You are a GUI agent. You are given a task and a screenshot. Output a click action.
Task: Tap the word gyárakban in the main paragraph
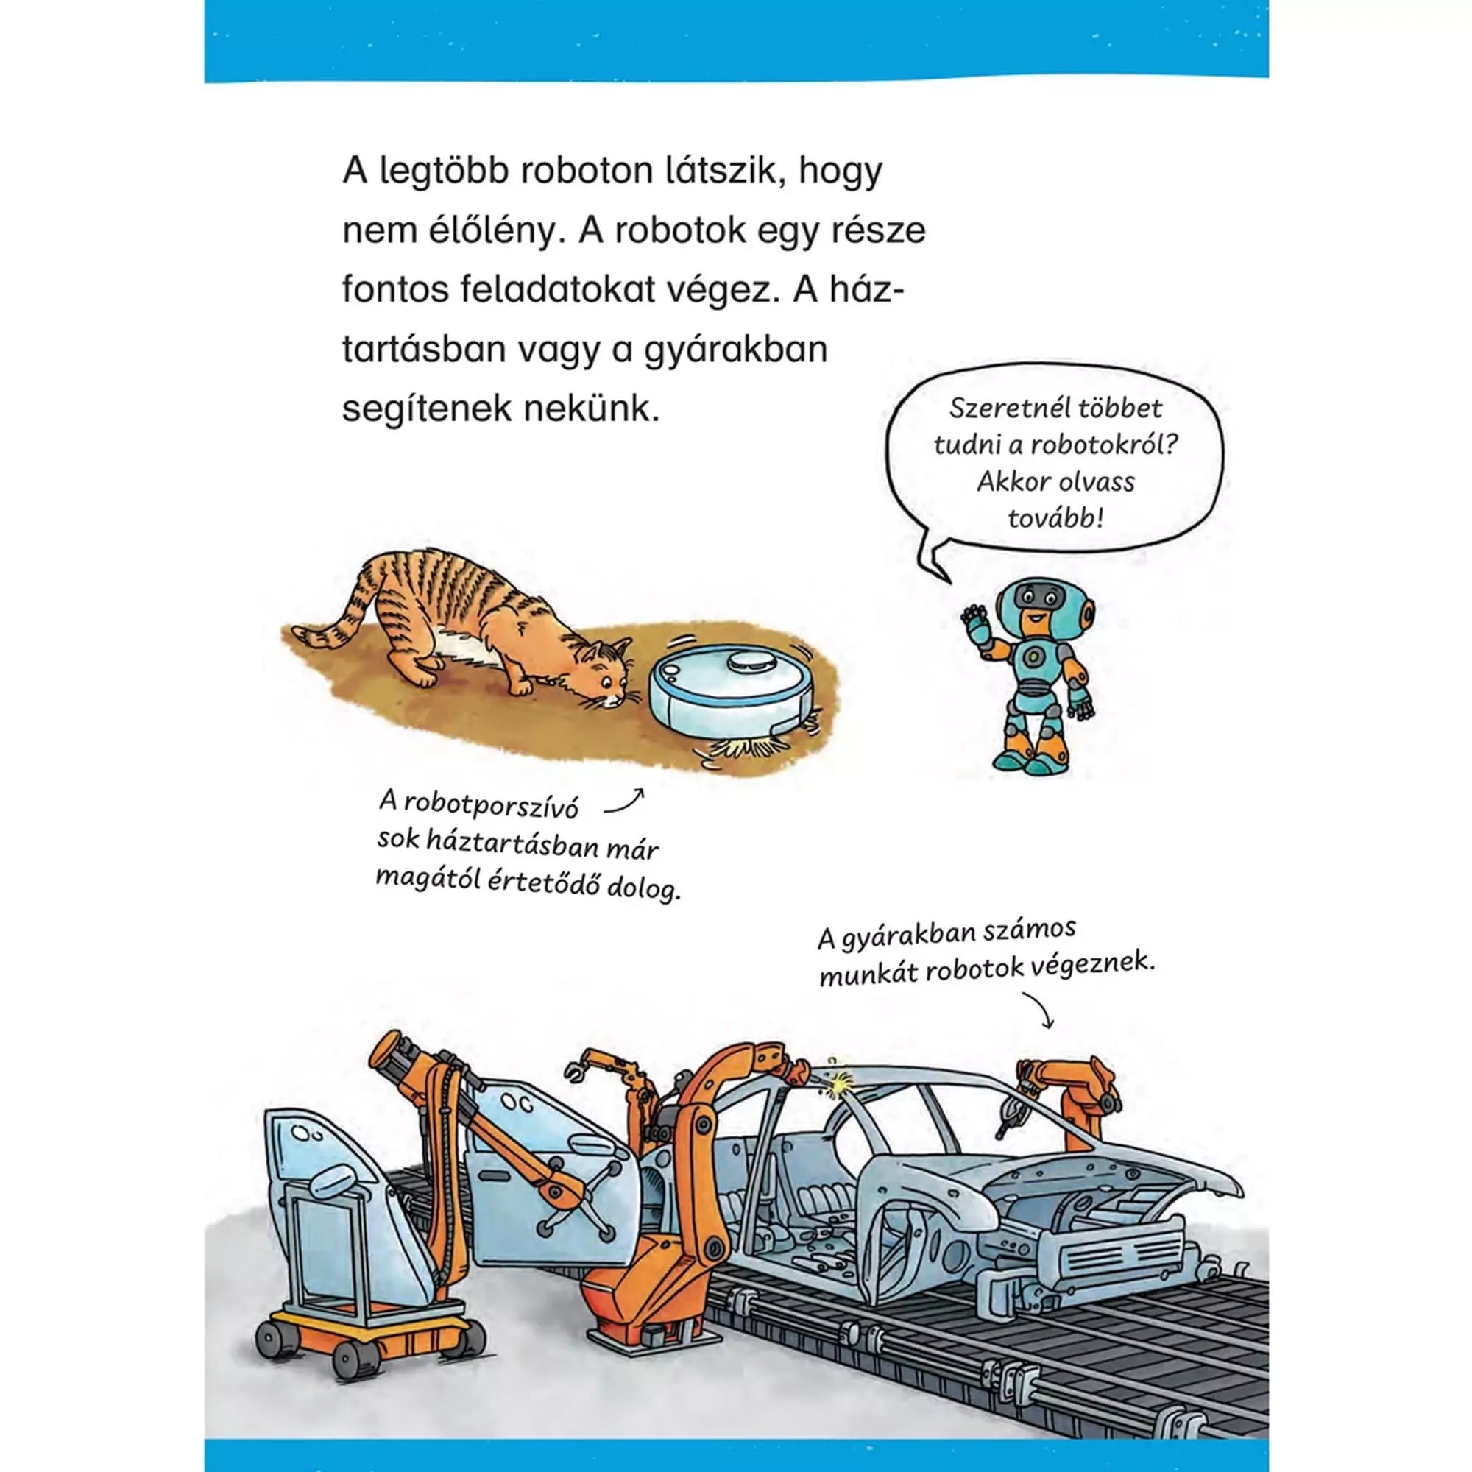[x=735, y=350]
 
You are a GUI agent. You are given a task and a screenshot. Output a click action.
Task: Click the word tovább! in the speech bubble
[x=1055, y=519]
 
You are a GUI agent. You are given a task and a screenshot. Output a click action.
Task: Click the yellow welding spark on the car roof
[x=843, y=1081]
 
